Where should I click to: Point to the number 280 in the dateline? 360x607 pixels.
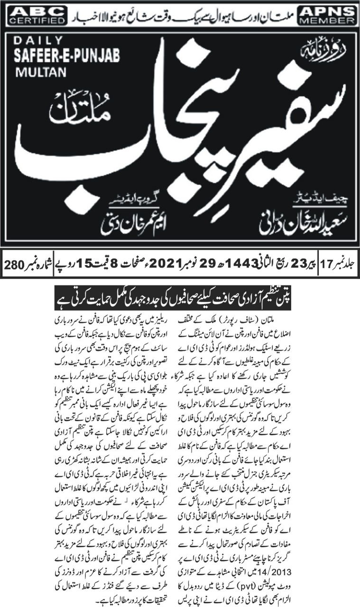point(14,262)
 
